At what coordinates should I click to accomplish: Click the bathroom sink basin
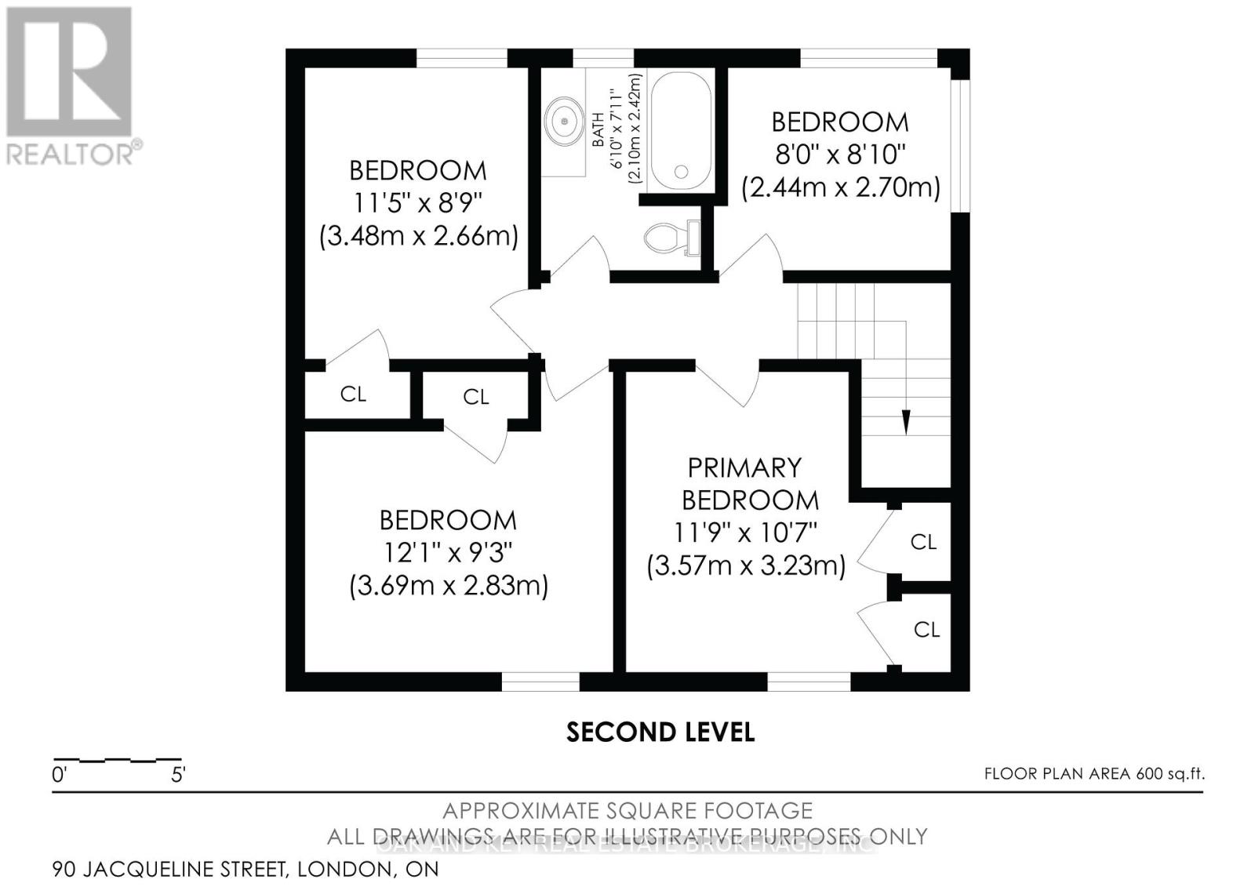(x=564, y=121)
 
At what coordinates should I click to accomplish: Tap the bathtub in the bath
(x=681, y=130)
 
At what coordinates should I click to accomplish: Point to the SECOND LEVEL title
(x=660, y=733)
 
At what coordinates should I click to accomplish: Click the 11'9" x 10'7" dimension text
(x=745, y=533)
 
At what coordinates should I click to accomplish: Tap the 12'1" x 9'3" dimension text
(x=448, y=553)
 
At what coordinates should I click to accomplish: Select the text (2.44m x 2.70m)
(x=841, y=187)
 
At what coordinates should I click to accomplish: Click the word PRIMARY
(x=744, y=467)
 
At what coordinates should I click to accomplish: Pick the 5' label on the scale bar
(x=178, y=776)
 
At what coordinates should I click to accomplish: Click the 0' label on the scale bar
(x=60, y=776)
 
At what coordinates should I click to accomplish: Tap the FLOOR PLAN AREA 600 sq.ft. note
(x=1094, y=774)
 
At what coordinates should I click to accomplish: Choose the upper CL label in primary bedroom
(x=923, y=542)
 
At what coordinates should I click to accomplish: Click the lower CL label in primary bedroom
(x=926, y=629)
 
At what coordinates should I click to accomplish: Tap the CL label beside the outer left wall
(x=353, y=394)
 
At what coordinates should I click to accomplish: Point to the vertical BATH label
(x=598, y=129)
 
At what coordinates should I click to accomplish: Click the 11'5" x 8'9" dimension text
(x=417, y=203)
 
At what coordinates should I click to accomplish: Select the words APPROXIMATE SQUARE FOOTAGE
(x=627, y=810)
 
